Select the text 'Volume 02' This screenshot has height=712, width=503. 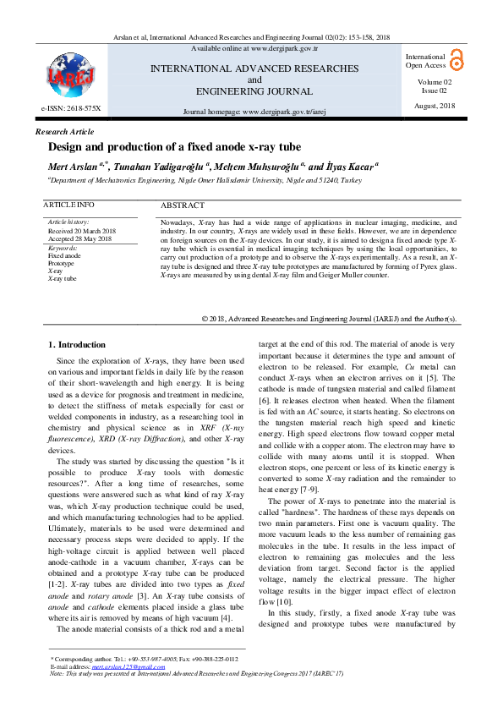click(x=435, y=81)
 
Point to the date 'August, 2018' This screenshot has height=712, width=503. click(x=435, y=105)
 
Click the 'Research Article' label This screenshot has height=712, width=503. click(x=64, y=132)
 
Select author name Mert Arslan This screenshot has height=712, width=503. click(x=74, y=167)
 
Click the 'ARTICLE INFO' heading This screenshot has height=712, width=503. click(x=68, y=205)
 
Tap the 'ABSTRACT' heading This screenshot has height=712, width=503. click(x=182, y=205)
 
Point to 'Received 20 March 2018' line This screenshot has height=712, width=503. click(x=82, y=231)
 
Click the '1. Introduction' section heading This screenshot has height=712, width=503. click(x=77, y=344)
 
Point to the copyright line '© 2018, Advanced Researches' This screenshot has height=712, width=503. click(x=330, y=319)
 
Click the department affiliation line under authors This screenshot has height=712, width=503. click(x=204, y=180)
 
